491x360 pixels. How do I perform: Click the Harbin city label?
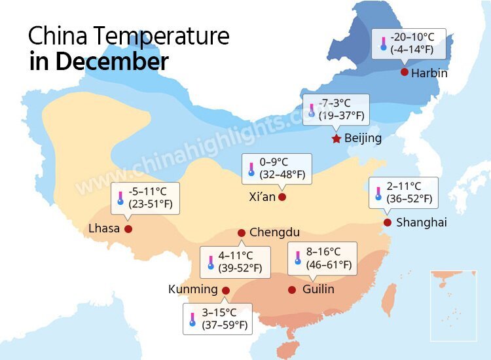(429, 73)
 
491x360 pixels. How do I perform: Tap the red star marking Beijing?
(336, 139)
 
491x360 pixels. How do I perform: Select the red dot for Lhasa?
(128, 229)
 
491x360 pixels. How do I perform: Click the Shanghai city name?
(421, 223)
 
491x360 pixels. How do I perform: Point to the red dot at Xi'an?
(282, 197)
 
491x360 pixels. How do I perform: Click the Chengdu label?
(274, 232)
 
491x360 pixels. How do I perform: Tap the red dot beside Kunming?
(226, 290)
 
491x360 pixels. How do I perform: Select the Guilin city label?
(318, 289)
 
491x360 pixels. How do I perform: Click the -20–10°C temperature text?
(408, 37)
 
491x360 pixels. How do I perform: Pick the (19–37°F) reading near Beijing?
(340, 117)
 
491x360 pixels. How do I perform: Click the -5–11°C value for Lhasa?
(148, 192)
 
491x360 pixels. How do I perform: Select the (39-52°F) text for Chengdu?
(239, 268)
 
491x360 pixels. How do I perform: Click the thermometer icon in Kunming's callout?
(192, 319)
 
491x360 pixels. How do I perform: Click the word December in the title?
(112, 62)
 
